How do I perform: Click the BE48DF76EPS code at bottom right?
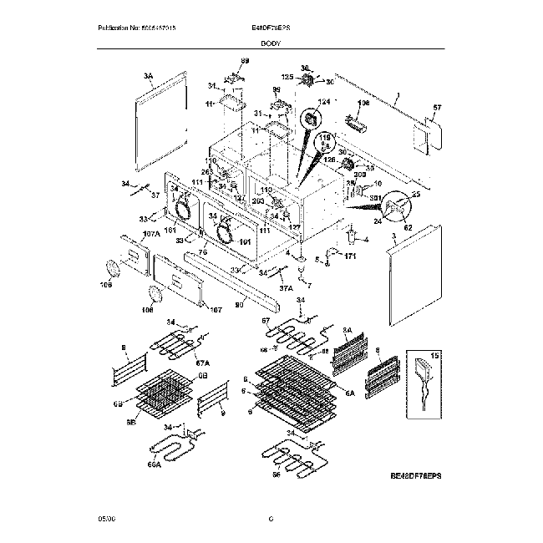pos(415,474)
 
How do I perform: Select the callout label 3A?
pos(150,75)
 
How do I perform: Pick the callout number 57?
pos(436,108)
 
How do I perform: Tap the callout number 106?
pos(363,104)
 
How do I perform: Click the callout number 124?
pos(312,101)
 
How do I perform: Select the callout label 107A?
pos(128,233)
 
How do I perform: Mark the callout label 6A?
pos(348,392)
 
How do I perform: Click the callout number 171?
pos(350,256)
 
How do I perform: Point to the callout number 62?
pos(409,226)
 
